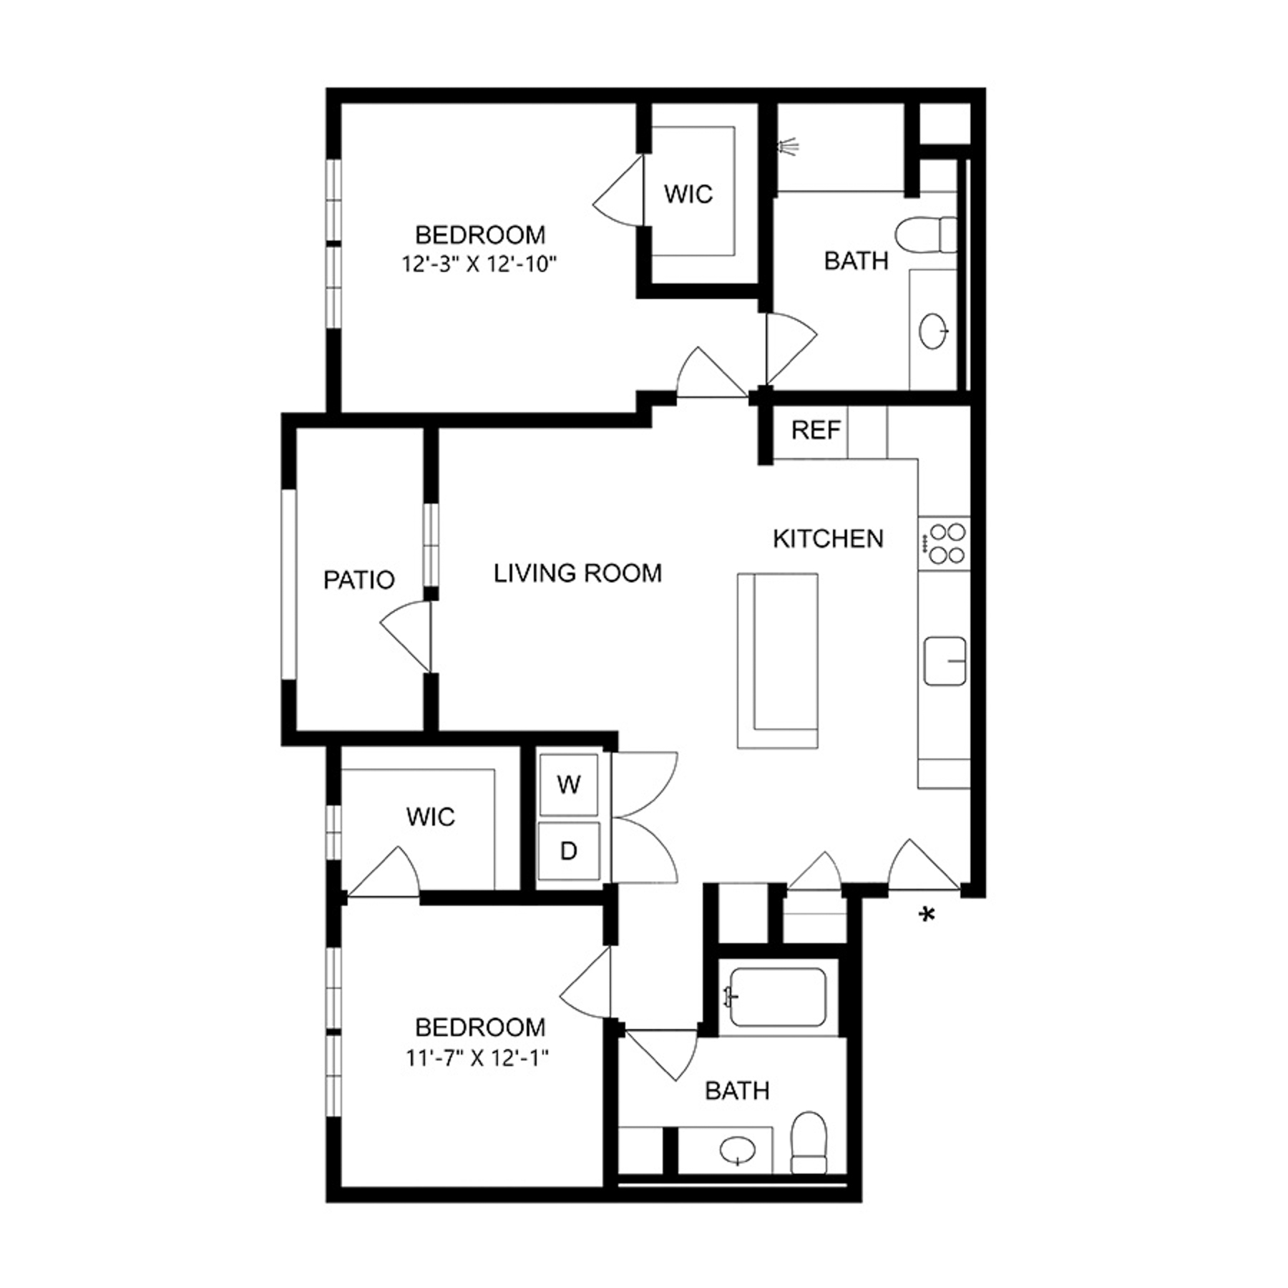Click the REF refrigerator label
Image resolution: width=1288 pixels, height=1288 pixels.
815,430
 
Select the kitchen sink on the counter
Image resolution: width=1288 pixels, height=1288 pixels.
945,660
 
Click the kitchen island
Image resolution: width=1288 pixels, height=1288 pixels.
778,660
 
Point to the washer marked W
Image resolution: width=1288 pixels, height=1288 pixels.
569,785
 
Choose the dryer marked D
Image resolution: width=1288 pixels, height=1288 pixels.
569,851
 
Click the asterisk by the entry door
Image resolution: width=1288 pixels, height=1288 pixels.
927,915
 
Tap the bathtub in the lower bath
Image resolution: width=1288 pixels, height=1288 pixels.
777,997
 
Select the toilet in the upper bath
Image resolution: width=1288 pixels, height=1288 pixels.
926,235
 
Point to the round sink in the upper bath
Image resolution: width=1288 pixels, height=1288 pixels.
933,331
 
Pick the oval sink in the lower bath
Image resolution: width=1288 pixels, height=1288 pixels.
738,1151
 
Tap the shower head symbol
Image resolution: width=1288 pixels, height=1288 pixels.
789,147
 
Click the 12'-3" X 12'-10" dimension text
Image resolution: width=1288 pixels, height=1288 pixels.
479,265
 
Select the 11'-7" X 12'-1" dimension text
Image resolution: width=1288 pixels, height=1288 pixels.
478,1058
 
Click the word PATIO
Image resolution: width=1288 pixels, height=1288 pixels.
358,580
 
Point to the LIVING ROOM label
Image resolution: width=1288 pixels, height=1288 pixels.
577,573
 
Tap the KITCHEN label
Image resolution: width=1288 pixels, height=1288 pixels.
828,539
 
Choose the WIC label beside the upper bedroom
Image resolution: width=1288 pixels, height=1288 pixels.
688,194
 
